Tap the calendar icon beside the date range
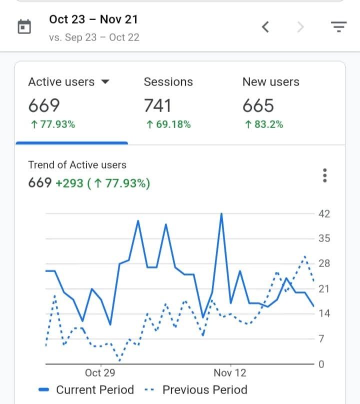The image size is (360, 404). coord(24,27)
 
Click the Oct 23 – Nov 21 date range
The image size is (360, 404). coord(93,19)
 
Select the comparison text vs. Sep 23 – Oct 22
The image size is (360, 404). coord(94,37)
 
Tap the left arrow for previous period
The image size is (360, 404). coord(266,27)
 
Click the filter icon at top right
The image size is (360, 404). coord(339,27)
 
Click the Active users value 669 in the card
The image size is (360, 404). coord(44,105)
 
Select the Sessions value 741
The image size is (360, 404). coord(157,105)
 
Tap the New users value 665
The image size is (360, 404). coord(258,105)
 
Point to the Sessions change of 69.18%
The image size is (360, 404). coord(168,124)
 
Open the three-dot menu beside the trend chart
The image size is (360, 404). coord(325,175)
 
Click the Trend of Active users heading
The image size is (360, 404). coord(77,165)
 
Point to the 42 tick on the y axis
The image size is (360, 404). coord(324,214)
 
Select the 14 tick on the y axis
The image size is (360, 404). coord(324,313)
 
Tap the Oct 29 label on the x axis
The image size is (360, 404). coord(100,372)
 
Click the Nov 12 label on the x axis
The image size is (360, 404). coord(230,372)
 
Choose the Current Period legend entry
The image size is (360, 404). coord(86,390)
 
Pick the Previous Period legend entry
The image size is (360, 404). coord(196,390)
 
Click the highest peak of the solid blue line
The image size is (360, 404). coord(221,214)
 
